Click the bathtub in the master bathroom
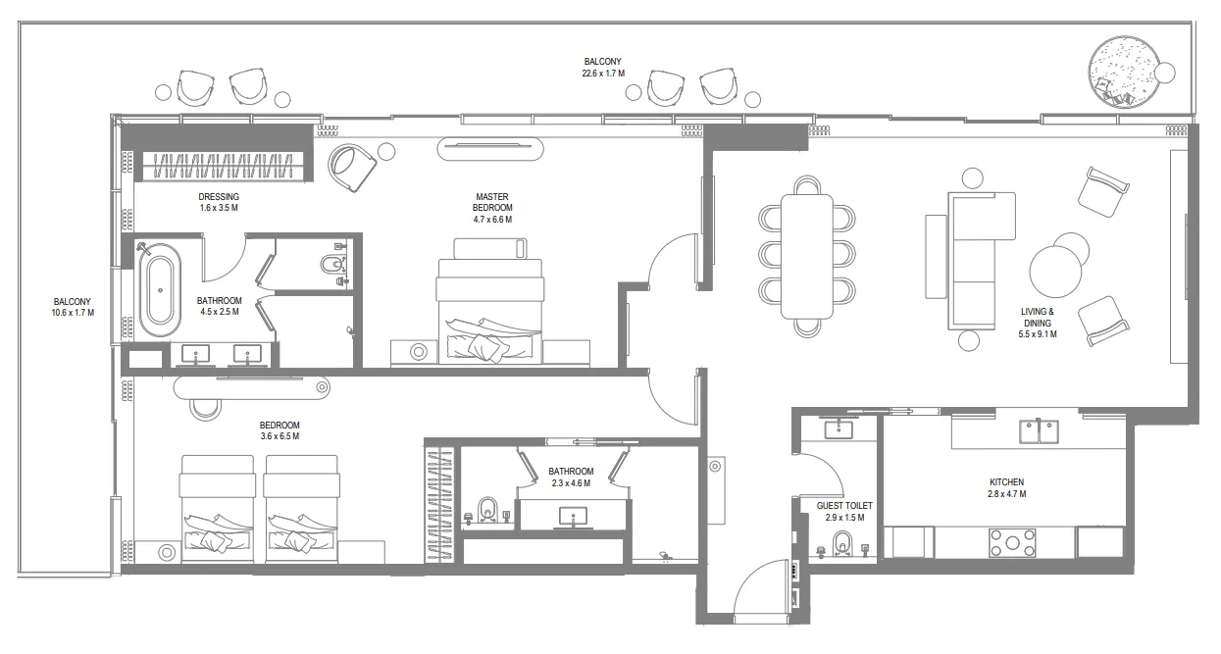point(157,290)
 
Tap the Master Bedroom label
point(492,208)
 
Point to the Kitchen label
point(1006,488)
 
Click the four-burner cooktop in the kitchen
point(1012,542)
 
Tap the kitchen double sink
point(1039,429)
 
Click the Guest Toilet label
point(843,511)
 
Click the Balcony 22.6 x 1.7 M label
point(602,68)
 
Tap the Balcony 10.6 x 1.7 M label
point(73,307)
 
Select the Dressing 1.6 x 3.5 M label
point(219,203)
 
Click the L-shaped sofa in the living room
point(979,258)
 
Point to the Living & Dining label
point(1037,323)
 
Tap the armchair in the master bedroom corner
point(352,168)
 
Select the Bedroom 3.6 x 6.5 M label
point(280,430)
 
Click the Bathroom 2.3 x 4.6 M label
point(571,477)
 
